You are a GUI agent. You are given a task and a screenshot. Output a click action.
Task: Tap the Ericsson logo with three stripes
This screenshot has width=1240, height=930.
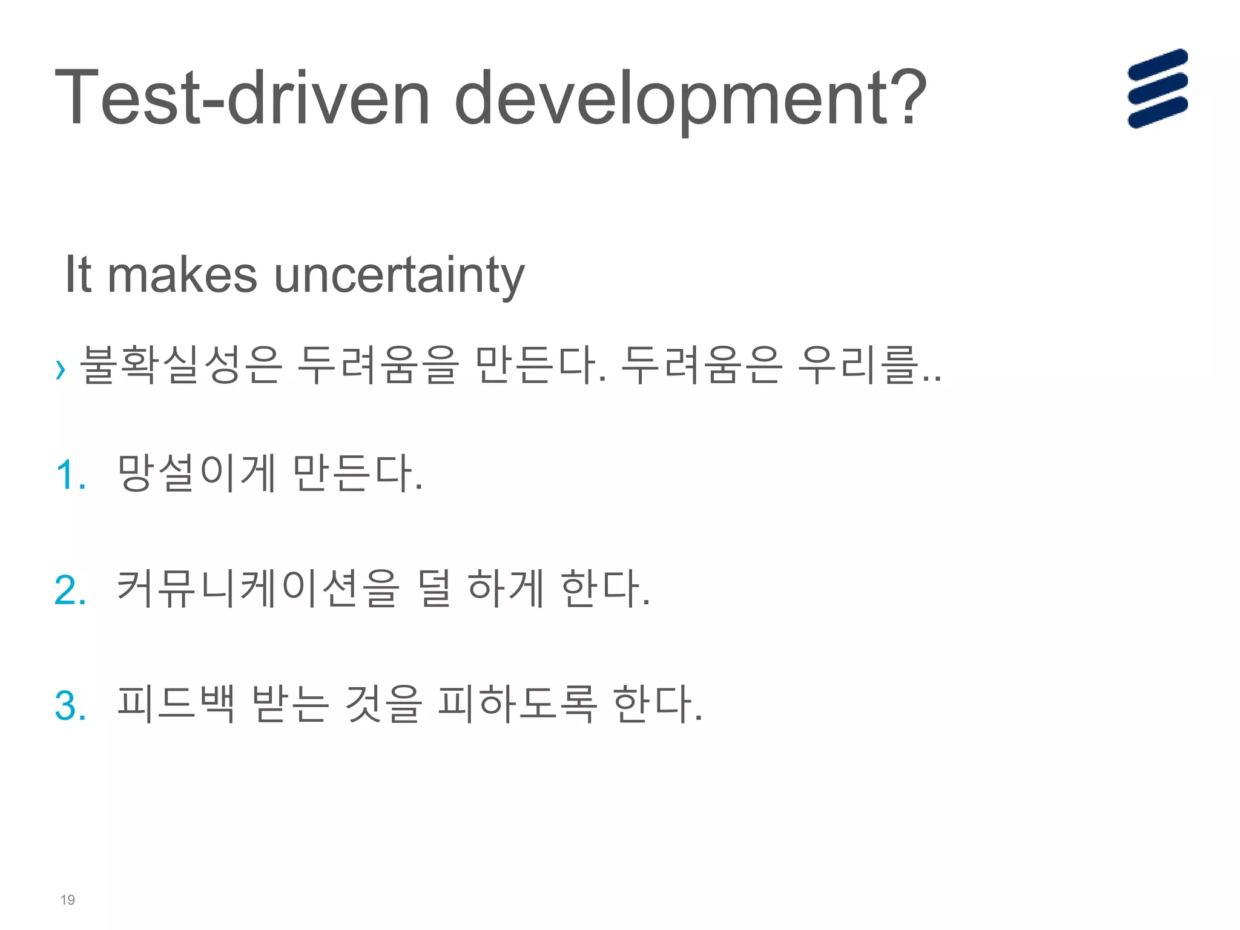1157,88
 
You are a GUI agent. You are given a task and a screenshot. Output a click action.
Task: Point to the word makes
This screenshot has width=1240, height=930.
182,275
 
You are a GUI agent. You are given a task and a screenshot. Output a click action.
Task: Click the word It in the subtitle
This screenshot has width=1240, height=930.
78,275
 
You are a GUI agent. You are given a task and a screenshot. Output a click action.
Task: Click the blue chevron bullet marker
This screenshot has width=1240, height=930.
60,369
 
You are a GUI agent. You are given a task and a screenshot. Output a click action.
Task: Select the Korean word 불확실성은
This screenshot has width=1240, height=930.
180,365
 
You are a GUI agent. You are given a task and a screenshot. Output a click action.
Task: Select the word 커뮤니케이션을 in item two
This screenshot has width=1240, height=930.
258,589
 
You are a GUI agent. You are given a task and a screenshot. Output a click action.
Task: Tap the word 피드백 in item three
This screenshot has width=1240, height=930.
176,704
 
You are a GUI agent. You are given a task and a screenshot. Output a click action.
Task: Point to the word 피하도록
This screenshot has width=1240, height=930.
517,704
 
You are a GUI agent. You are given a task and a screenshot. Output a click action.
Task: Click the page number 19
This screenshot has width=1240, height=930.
68,900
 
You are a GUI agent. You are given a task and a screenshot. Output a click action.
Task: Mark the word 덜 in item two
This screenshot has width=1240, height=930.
434,589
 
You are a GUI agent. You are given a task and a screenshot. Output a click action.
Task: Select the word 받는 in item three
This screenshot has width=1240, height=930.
291,704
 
